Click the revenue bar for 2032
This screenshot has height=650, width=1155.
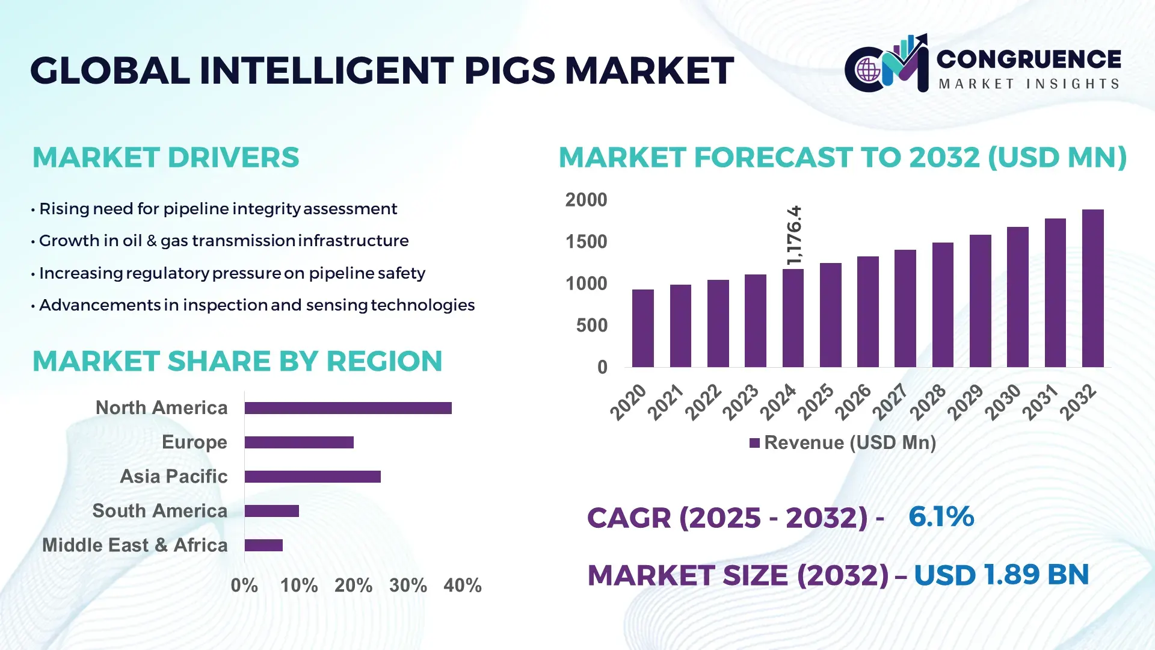click(x=1092, y=289)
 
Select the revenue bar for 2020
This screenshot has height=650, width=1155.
click(x=642, y=329)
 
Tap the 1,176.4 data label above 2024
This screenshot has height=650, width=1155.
click(x=795, y=235)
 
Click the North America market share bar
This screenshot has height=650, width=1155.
click(x=348, y=408)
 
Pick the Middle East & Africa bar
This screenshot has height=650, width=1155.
click(x=263, y=545)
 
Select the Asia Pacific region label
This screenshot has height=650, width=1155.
click(x=173, y=477)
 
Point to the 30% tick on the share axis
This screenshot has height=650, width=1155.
click(x=408, y=585)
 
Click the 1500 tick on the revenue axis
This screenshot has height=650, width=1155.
click(x=586, y=242)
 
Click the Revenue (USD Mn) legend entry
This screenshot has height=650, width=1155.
click(x=842, y=443)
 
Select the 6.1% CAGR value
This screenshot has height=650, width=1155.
click(x=941, y=516)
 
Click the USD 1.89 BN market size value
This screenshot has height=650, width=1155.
click(x=1001, y=575)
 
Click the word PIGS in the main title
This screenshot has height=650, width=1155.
click(x=509, y=70)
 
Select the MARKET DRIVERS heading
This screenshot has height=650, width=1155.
click(x=165, y=158)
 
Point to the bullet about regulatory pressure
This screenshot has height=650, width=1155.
click(x=232, y=273)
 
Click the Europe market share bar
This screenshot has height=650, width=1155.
click(x=299, y=442)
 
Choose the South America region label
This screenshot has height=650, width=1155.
click(x=159, y=511)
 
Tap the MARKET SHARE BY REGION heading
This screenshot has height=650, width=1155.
click(x=237, y=361)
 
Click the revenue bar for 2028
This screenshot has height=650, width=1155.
click(x=943, y=305)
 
